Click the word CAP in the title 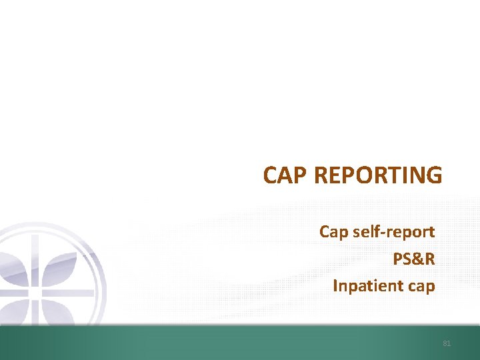pos(285,175)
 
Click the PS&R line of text pos(413,259)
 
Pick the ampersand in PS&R pos(417,259)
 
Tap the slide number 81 pos(447,343)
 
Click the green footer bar pos(240,343)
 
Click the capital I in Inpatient pos(335,286)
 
